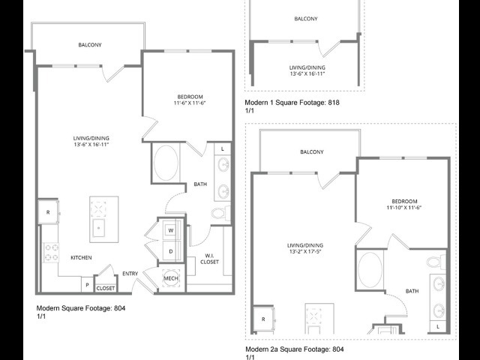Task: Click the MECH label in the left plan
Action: [171, 278]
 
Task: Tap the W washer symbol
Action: [171, 230]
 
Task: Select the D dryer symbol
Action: [171, 251]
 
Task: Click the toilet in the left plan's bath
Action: [221, 213]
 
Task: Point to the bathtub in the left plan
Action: [166, 163]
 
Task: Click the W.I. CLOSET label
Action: [210, 259]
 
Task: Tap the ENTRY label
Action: [130, 274]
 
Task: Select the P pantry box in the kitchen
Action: [87, 285]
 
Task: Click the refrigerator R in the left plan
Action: [48, 211]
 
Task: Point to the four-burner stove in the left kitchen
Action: [51, 253]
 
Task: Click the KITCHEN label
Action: [81, 258]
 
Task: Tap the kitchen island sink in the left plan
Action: [98, 228]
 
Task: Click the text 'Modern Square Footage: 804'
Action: [81, 308]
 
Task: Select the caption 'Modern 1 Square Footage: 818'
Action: [292, 103]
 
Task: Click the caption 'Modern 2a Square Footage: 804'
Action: [295, 349]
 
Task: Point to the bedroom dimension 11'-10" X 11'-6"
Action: [404, 208]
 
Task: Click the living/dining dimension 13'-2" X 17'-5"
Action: [305, 252]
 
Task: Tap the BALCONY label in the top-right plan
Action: [306, 19]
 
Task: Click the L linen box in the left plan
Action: [223, 149]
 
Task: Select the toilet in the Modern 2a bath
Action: [436, 262]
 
